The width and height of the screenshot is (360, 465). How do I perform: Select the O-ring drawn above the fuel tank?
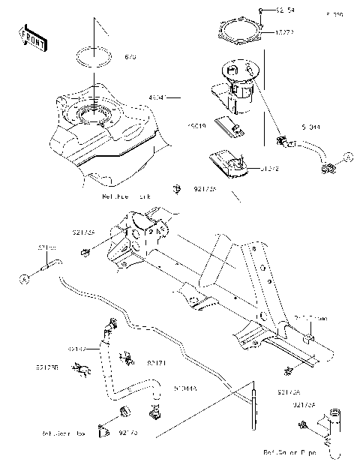tap(94, 58)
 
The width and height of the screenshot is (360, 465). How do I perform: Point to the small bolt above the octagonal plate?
tap(260, 10)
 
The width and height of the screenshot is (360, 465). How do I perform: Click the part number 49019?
tap(197, 127)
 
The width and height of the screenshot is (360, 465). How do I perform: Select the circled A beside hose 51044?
tap(347, 157)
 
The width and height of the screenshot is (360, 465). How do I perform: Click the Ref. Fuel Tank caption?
tap(126, 196)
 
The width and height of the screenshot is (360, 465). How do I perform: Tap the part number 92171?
tap(156, 363)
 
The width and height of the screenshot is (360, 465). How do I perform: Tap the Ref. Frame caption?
tap(310, 317)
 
